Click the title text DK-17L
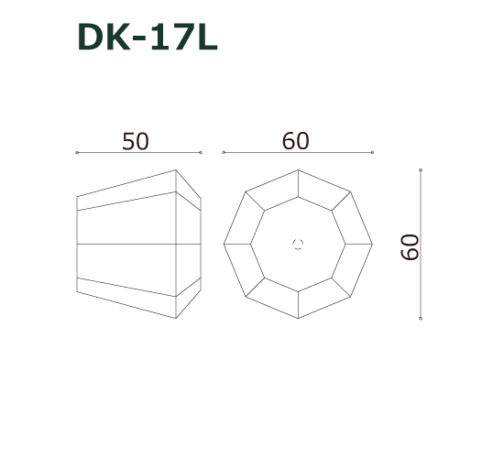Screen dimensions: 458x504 pos(148,38)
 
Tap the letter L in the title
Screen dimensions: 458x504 pos(205,38)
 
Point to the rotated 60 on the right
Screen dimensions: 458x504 pos(410,245)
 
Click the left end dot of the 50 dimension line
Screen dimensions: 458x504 pos(77,153)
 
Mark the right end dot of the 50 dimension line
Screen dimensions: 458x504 pos(201,153)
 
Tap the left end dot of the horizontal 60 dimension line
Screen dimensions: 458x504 pos(224,153)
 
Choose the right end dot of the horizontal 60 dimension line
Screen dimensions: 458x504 pos(373,153)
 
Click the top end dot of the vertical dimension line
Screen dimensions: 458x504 pos(420,170)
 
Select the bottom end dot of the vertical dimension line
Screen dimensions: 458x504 pos(420,318)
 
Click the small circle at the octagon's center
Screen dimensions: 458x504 pos(297,244)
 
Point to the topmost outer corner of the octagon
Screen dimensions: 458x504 pos(298,170)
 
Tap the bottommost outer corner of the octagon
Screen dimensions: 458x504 pos(298,318)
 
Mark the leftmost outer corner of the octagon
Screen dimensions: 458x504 pos(224,245)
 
